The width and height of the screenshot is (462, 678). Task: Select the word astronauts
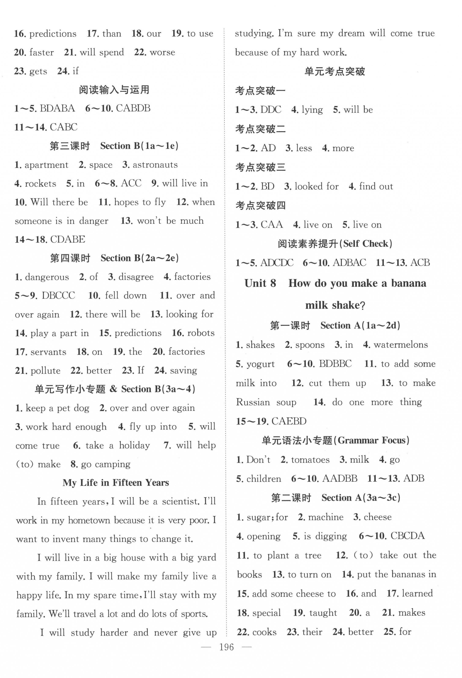coord(155,165)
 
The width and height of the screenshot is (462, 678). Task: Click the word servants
coord(48,352)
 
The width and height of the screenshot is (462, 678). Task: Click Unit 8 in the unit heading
coord(260,283)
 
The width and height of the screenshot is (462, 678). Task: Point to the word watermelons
coord(401,345)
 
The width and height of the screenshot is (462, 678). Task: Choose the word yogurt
coord(260,364)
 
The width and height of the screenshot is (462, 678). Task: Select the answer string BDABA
coord(57,108)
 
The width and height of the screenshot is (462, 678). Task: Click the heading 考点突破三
coord(260,167)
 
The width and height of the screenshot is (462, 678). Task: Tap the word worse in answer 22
coord(162,52)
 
